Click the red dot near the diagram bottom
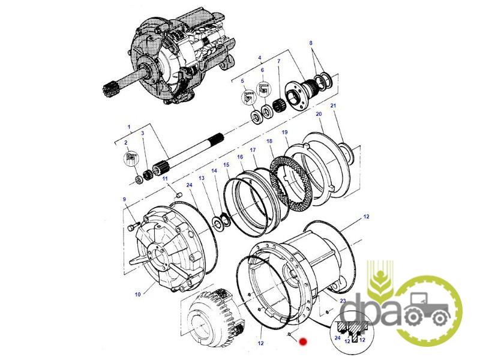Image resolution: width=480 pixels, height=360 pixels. (303, 341)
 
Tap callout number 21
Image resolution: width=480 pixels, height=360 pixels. (334, 106)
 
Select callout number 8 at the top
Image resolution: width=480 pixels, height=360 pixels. (311, 43)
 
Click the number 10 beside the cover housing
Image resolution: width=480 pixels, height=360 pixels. (137, 295)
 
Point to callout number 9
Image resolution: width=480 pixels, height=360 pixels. (124, 199)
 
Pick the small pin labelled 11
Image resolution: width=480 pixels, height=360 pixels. (179, 194)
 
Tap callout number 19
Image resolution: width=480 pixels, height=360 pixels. (284, 132)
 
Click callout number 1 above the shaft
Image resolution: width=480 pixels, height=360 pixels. (129, 127)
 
